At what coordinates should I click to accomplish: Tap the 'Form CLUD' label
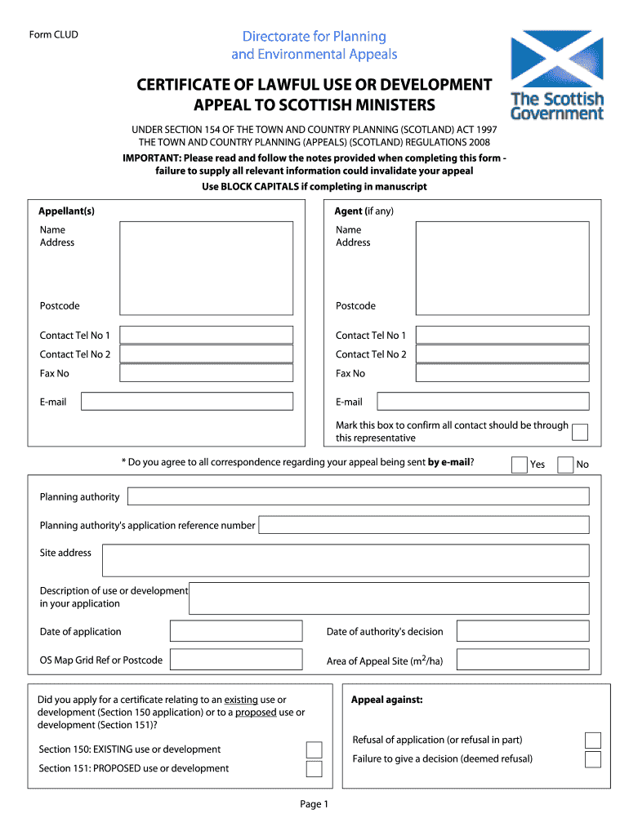click(54, 34)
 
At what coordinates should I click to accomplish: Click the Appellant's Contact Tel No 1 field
click(206, 335)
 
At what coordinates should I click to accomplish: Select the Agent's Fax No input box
click(502, 373)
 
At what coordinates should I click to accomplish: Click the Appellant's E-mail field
click(186, 401)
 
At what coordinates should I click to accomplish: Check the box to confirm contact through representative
click(580, 432)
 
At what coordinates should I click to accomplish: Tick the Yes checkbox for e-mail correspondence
click(520, 465)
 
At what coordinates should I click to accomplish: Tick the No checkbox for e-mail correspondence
click(565, 465)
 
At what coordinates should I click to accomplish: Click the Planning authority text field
click(358, 496)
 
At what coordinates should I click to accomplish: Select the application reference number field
click(423, 525)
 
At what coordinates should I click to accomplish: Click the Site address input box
click(345, 560)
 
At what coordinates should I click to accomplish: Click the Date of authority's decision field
click(522, 631)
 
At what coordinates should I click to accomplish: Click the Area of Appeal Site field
click(522, 660)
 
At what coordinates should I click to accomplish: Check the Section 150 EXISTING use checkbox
click(314, 749)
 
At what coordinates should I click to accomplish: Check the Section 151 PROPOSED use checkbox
click(314, 768)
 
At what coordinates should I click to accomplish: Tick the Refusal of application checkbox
click(593, 740)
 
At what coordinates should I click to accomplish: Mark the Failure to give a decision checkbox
click(593, 759)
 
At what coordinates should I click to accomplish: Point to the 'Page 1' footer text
click(314, 804)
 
